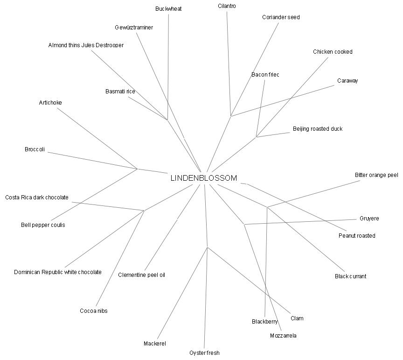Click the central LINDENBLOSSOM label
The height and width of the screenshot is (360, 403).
203,178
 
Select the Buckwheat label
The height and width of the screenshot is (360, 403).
168,9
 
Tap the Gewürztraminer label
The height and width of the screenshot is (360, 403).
134,28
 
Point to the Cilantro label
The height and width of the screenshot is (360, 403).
227,6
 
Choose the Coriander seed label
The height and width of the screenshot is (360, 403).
281,17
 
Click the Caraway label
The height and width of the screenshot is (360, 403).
347,81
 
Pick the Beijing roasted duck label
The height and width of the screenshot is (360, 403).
317,129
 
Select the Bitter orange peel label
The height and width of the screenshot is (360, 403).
376,175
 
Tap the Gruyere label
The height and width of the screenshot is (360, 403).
369,219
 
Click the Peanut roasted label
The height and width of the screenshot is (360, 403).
357,236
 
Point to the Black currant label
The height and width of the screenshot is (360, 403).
350,276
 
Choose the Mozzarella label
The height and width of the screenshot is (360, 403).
283,336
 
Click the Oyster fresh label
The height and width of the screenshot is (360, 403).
204,353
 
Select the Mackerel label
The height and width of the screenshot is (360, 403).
155,344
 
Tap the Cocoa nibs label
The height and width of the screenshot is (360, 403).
93,311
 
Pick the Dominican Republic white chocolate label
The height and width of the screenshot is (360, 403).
58,272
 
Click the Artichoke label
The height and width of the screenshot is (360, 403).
50,103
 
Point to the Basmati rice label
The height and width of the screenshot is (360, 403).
120,92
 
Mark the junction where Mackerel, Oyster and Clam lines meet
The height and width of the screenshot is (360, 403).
207,247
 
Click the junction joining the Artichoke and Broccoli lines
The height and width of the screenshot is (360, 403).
137,169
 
